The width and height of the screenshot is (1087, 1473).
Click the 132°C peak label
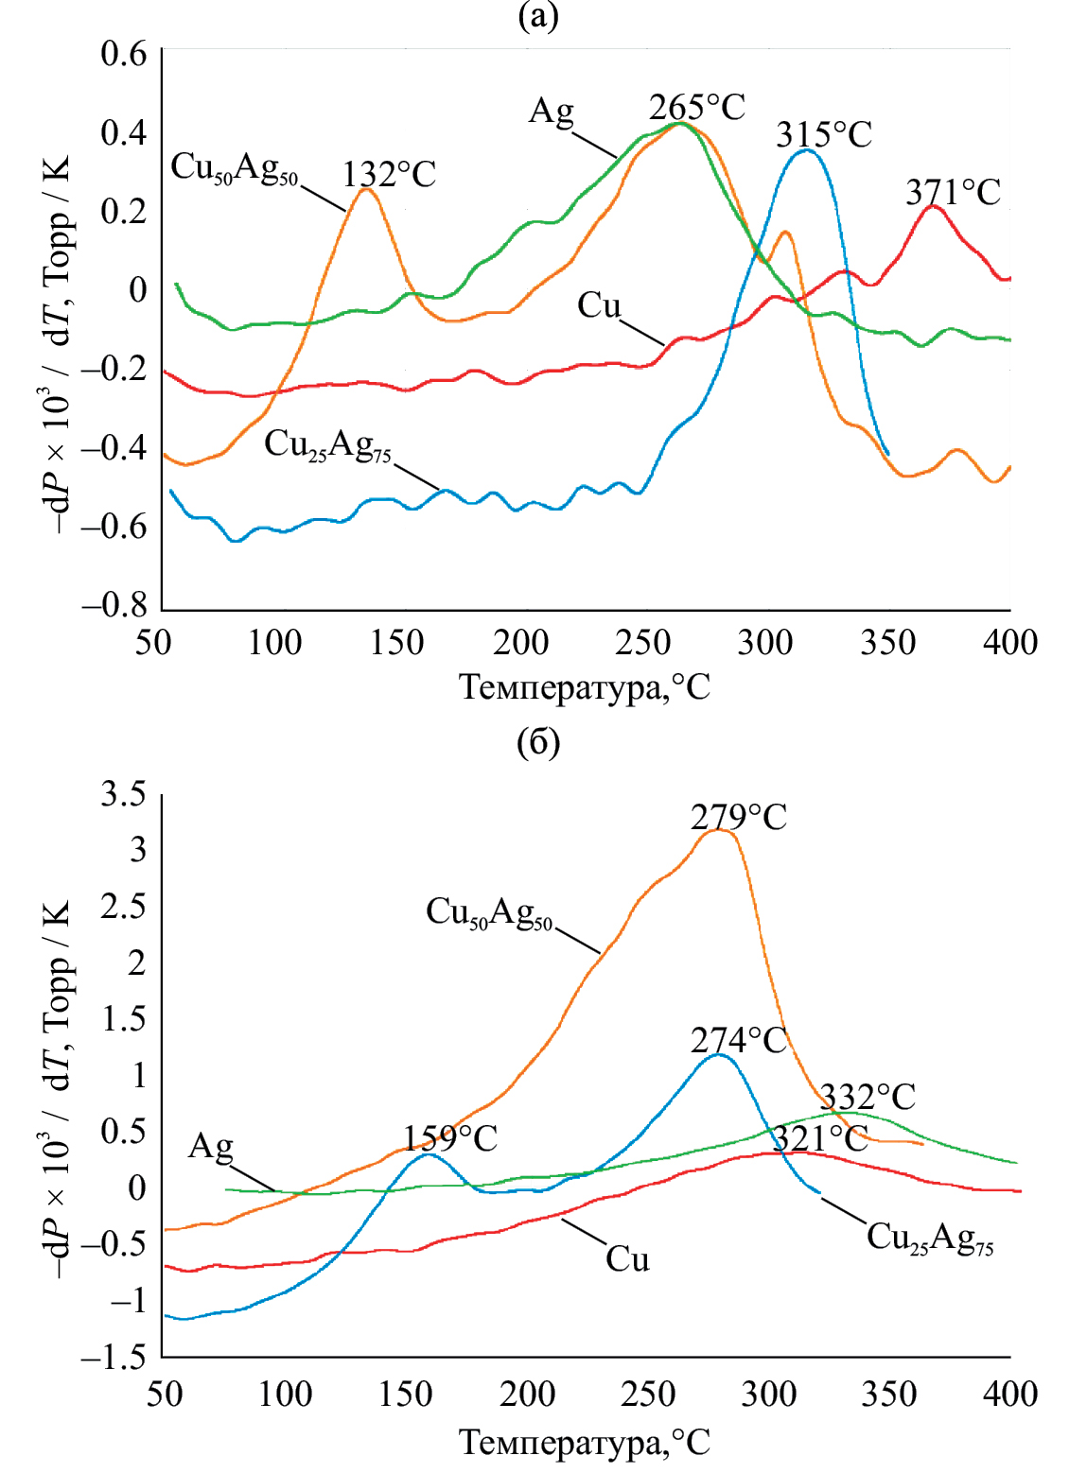pos(389,175)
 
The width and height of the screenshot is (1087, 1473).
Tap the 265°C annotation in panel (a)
pos(696,107)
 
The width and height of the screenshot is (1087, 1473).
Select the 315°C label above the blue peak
pos(823,135)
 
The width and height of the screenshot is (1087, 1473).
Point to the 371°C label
pos(953,193)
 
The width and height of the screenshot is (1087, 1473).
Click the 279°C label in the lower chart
pos(738,817)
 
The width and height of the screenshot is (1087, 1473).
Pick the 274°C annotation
pos(738,1041)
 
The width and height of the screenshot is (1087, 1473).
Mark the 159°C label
pos(450,1138)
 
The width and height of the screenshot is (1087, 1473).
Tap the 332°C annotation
pos(868,1097)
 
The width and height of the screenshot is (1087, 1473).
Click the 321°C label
pos(820,1138)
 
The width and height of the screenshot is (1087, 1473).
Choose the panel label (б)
pos(538,742)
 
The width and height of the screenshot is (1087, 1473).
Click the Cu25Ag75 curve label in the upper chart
pos(327,444)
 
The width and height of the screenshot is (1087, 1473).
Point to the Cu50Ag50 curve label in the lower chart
pos(489,912)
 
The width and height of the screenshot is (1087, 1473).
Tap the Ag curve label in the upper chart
pos(551,112)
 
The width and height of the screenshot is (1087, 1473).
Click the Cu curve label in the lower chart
pos(627,1259)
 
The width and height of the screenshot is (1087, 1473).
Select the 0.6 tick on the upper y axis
pos(124,53)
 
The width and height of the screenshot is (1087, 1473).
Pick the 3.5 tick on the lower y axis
pos(124,794)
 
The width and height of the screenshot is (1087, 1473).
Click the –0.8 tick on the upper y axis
pos(114,605)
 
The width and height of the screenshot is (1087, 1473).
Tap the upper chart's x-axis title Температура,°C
pos(584,687)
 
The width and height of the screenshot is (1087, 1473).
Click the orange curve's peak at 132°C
pos(366,190)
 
